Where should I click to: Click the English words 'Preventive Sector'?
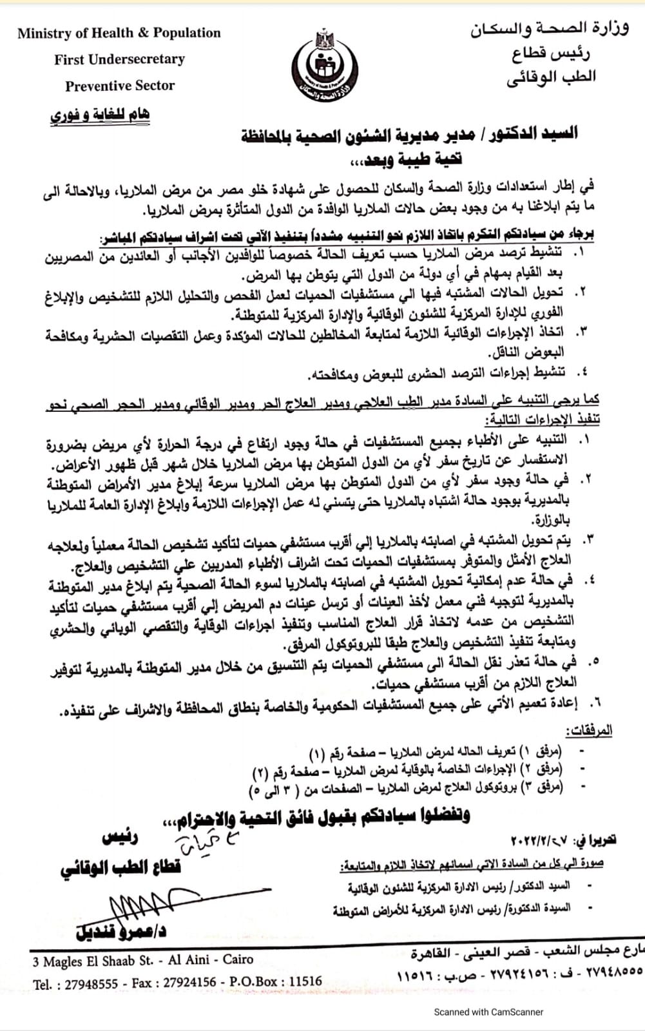120,86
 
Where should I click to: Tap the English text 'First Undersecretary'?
119,59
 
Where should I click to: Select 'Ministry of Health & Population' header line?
119,33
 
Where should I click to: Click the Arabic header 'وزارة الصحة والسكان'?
549,29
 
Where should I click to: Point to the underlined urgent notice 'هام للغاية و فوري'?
100,115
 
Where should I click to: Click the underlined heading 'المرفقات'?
588,731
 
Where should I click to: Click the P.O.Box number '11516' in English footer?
305,981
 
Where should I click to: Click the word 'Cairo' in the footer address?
238,959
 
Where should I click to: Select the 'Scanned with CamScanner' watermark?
488,1012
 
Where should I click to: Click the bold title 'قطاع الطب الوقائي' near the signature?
120,867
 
